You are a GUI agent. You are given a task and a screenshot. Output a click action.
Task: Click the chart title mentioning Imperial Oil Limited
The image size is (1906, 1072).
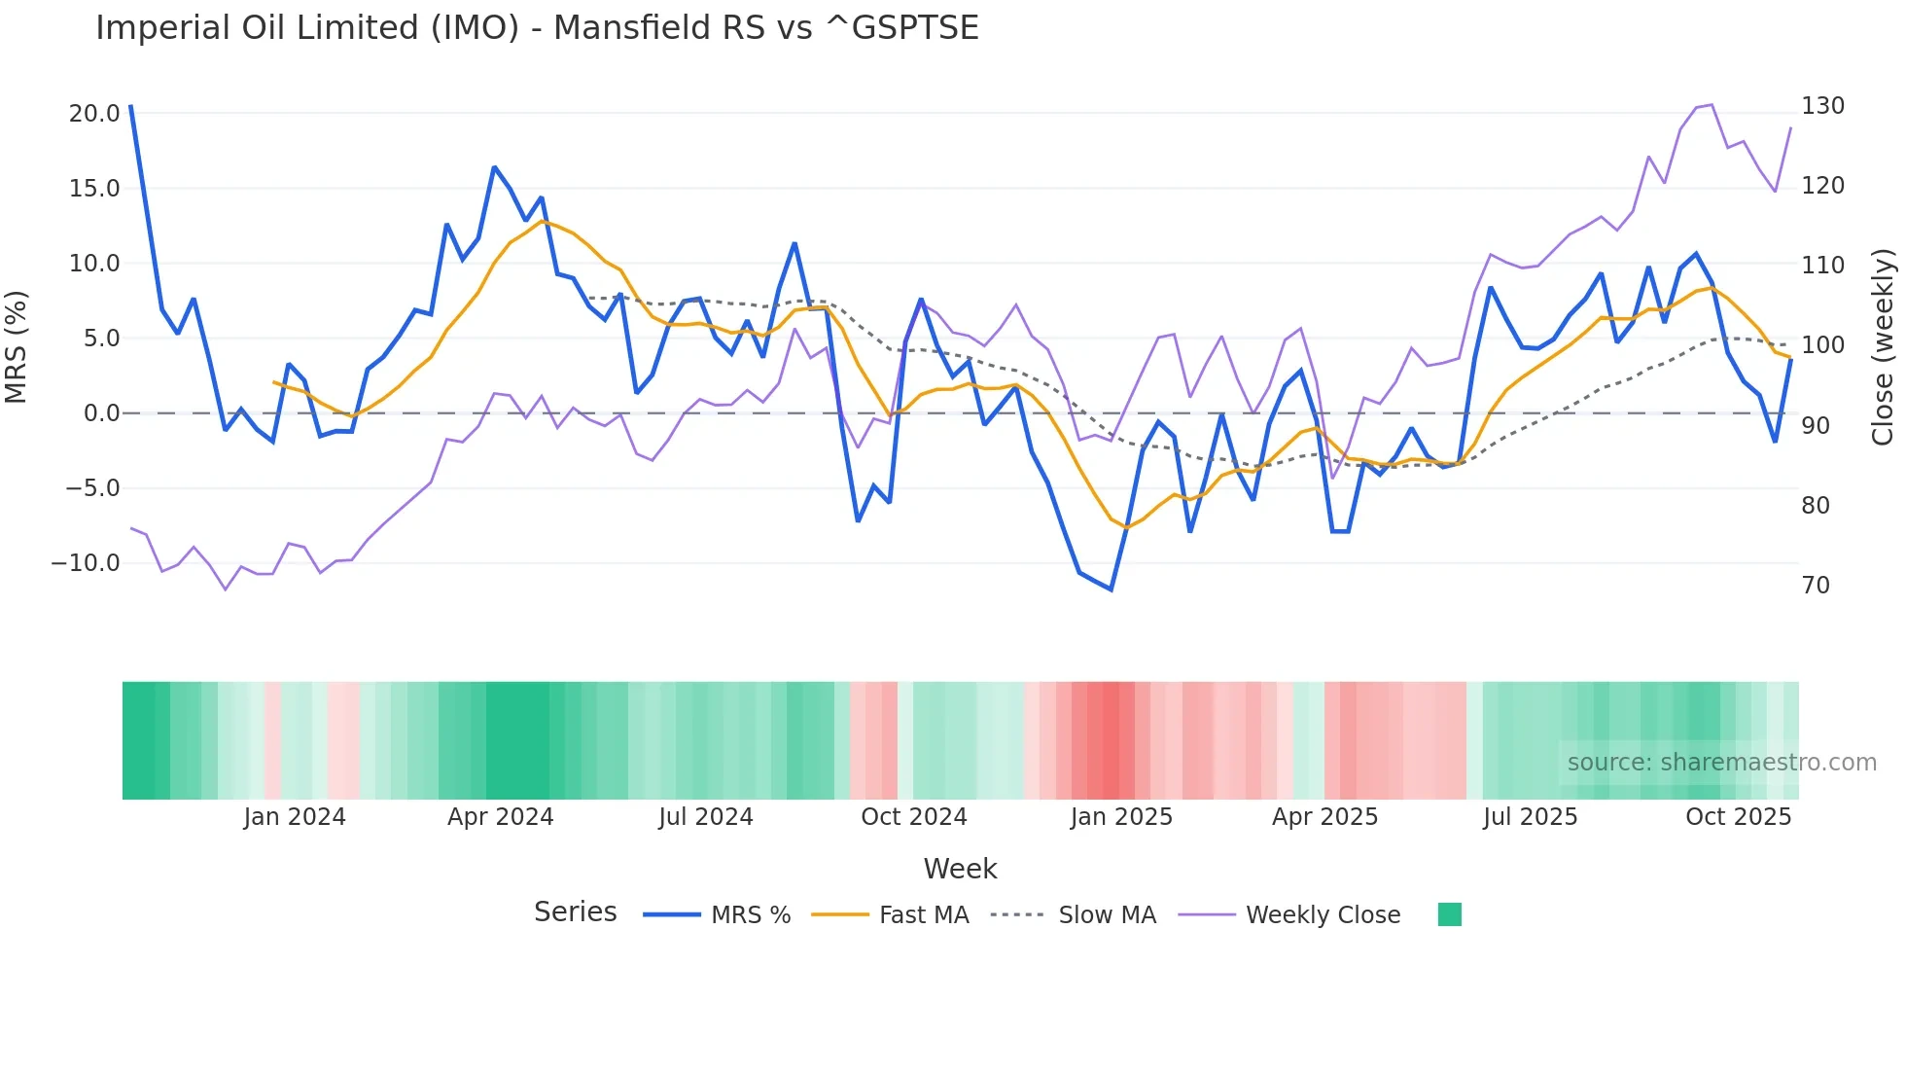pyautogui.click(x=537, y=27)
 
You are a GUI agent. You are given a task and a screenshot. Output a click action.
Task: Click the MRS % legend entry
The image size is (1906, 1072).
pyautogui.click(x=750, y=915)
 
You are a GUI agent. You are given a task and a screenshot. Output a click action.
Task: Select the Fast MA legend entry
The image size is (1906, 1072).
pyautogui.click(x=923, y=915)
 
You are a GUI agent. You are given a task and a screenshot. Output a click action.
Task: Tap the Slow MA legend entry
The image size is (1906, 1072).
pyautogui.click(x=1107, y=915)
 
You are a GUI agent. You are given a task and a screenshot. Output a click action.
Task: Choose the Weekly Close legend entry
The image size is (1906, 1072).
pyautogui.click(x=1323, y=915)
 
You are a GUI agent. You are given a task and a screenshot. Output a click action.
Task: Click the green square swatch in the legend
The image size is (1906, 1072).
pyautogui.click(x=1449, y=914)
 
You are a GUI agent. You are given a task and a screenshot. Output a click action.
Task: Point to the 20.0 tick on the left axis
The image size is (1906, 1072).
pyautogui.click(x=94, y=113)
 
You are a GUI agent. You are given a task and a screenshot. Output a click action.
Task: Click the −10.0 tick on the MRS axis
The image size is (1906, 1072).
pyautogui.click(x=86, y=563)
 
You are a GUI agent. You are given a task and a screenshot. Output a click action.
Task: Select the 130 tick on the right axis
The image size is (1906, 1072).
pyautogui.click(x=1822, y=106)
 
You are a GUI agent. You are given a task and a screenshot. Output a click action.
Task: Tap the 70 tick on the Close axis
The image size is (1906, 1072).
pyautogui.click(x=1816, y=586)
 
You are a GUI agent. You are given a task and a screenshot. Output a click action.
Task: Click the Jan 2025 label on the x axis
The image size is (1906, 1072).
pyautogui.click(x=1121, y=817)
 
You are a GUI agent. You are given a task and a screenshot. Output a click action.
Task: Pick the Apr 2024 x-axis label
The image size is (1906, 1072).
pyautogui.click(x=500, y=817)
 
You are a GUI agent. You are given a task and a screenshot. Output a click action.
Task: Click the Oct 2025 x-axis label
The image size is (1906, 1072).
pyautogui.click(x=1738, y=817)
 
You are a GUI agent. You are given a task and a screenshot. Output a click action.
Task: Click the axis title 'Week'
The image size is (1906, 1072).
pyautogui.click(x=960, y=869)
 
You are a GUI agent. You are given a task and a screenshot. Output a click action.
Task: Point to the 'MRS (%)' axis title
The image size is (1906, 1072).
pyautogui.click(x=17, y=346)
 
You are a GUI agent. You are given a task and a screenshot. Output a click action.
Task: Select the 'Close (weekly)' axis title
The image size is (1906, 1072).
pyautogui.click(x=1883, y=346)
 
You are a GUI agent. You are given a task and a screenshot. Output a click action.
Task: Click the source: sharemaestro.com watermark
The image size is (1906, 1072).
pyautogui.click(x=1721, y=763)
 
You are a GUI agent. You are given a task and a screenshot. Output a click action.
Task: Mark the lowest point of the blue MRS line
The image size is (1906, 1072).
pyautogui.click(x=1111, y=590)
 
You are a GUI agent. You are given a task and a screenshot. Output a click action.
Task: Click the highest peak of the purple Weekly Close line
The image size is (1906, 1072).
pyautogui.click(x=1712, y=104)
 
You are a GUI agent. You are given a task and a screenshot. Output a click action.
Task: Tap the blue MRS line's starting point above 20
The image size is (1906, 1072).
pyautogui.click(x=131, y=106)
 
